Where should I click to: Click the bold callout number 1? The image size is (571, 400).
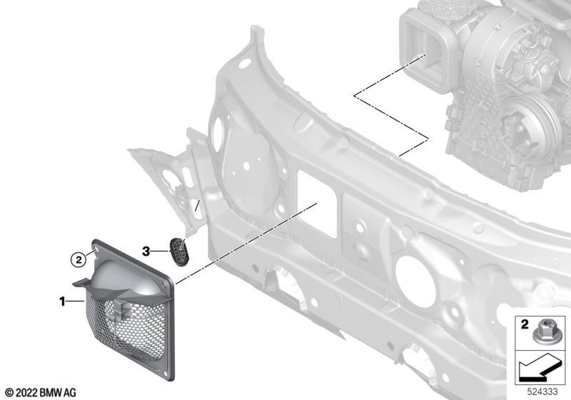point(62,301)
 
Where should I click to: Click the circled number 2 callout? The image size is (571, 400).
point(79,260)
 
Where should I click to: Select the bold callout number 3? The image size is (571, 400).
point(146,251)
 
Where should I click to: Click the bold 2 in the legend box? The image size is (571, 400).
point(525,324)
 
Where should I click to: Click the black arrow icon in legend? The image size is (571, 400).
point(537,369)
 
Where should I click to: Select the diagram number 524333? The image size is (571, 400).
point(542,391)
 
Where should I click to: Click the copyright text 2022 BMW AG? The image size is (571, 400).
point(41,392)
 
